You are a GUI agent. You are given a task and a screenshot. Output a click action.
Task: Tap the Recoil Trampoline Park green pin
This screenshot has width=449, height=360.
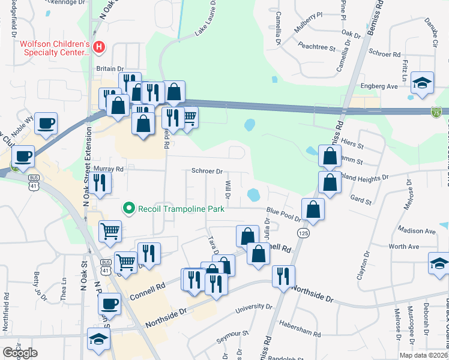[x=128, y=209]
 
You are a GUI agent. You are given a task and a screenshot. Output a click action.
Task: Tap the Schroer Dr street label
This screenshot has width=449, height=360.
[x=207, y=171]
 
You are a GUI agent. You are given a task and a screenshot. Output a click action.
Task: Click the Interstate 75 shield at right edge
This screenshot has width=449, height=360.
[x=436, y=112]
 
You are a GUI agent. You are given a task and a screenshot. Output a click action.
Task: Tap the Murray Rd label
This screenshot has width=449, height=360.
[x=109, y=170]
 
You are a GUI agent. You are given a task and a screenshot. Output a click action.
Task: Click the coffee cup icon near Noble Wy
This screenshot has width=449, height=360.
[x=46, y=124]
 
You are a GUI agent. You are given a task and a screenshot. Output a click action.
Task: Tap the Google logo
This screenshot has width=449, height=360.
[x=20, y=353]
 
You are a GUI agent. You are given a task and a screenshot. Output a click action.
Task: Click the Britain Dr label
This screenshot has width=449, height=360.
[x=110, y=69]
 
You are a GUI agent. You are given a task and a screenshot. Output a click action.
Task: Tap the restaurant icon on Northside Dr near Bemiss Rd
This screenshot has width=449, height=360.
[x=283, y=275]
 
